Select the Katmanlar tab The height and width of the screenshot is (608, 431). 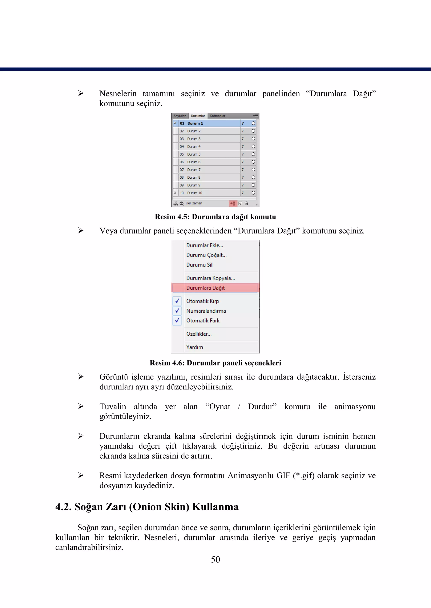[217, 116]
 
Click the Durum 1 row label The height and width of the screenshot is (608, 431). [195, 123]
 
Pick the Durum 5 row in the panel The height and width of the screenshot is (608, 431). [194, 154]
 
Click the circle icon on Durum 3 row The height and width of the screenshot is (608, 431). [253, 139]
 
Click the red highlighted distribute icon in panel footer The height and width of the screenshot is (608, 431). [233, 203]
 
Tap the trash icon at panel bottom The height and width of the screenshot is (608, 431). [247, 203]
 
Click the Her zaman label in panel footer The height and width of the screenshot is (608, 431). [194, 203]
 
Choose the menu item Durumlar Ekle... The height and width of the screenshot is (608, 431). [204, 245]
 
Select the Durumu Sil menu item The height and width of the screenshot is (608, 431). [199, 265]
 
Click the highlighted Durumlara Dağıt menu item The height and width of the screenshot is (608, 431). [205, 288]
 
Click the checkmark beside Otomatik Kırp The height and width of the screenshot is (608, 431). [177, 301]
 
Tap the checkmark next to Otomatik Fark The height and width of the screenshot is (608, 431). [177, 320]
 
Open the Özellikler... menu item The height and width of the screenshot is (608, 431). [199, 334]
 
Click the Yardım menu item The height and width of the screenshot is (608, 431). [194, 347]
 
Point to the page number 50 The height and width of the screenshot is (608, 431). [215, 559]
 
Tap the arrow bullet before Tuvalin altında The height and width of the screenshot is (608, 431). [81, 406]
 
